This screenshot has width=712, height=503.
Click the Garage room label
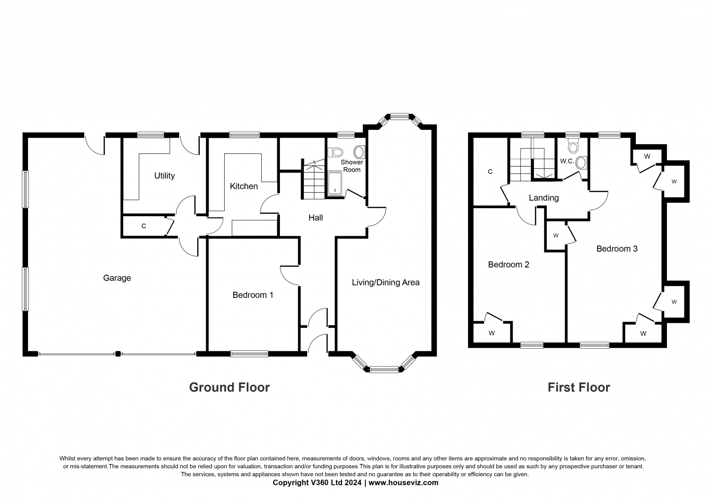pyautogui.click(x=117, y=278)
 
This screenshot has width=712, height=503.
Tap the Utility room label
pyautogui.click(x=164, y=176)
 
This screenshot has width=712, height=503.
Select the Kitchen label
pyautogui.click(x=244, y=186)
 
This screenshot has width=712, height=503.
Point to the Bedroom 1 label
pyautogui.click(x=253, y=295)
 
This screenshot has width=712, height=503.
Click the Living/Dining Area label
pyautogui.click(x=385, y=282)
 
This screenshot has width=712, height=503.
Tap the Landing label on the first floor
pyautogui.click(x=543, y=198)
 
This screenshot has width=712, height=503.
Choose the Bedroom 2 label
pyautogui.click(x=509, y=264)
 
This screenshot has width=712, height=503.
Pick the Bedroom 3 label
pyautogui.click(x=617, y=249)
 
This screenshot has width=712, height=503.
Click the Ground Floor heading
pyautogui.click(x=229, y=387)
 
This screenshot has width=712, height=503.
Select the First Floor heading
pyautogui.click(x=578, y=387)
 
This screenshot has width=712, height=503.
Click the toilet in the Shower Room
pyautogui.click(x=335, y=152)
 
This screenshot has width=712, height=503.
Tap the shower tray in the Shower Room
pyautogui.click(x=335, y=184)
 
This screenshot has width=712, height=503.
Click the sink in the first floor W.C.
pyautogui.click(x=581, y=163)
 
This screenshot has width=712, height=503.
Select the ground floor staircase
pyautogui.click(x=313, y=180)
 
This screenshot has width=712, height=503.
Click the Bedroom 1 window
pyautogui.click(x=249, y=354)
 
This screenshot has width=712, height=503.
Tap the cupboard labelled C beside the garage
pyautogui.click(x=144, y=226)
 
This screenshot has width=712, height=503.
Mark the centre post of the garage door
pyautogui.click(x=118, y=354)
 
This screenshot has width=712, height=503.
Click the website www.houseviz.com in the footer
pyautogui.click(x=403, y=483)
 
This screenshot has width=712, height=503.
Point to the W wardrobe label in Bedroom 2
pyautogui.click(x=492, y=333)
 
